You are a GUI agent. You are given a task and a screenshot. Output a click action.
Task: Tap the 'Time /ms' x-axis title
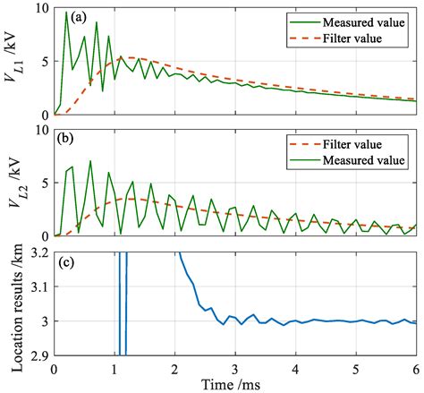click(x=235, y=383)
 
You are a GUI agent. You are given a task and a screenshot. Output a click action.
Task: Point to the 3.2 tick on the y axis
click(x=39, y=254)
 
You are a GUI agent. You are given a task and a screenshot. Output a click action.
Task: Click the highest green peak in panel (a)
click(x=66, y=13)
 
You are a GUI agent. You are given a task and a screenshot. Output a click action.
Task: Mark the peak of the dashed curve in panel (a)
click(x=125, y=58)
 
